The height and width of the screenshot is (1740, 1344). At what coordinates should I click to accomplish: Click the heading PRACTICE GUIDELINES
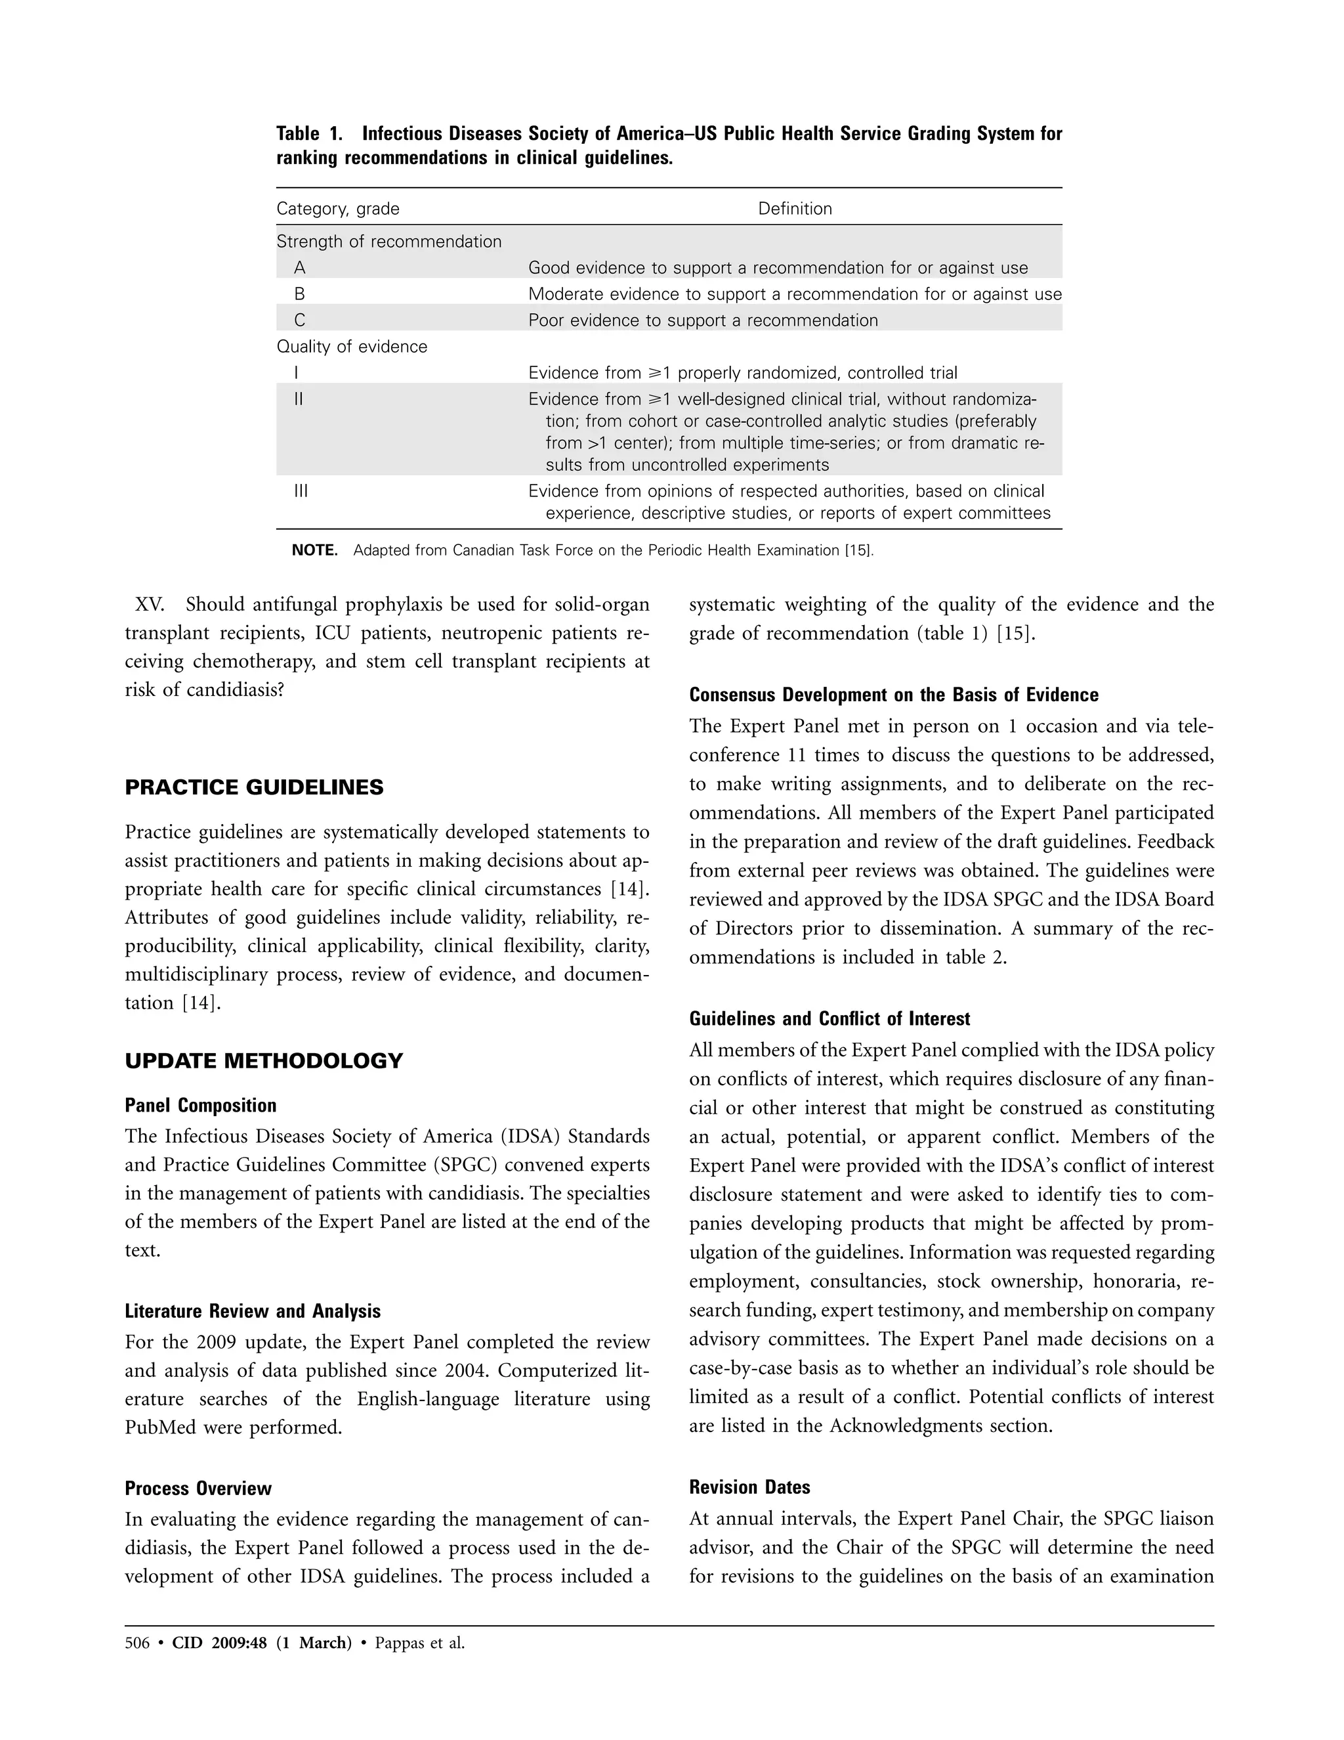(x=254, y=788)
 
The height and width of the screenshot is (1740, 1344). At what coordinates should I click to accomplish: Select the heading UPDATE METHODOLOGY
(x=264, y=1061)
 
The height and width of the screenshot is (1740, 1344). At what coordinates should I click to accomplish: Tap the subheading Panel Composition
(x=201, y=1105)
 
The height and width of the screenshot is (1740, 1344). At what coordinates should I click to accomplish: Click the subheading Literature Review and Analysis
(x=253, y=1311)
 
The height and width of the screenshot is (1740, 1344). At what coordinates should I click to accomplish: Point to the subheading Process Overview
(x=198, y=1489)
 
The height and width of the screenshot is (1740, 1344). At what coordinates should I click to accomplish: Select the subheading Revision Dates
(x=749, y=1487)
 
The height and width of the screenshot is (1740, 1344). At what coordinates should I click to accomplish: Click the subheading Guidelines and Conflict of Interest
(x=829, y=1018)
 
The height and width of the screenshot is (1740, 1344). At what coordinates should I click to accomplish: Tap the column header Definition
(x=795, y=209)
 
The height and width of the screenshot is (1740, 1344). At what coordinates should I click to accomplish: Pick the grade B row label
(x=299, y=294)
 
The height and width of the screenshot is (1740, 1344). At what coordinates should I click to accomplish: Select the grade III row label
(x=300, y=490)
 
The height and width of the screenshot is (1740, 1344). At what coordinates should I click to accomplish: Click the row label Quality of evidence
(x=351, y=347)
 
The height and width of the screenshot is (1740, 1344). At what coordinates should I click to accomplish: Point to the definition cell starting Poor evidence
(x=703, y=320)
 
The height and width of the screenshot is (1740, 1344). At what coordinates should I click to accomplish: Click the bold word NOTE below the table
(x=314, y=550)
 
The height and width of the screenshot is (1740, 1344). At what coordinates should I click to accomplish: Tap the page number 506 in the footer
(x=137, y=1643)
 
